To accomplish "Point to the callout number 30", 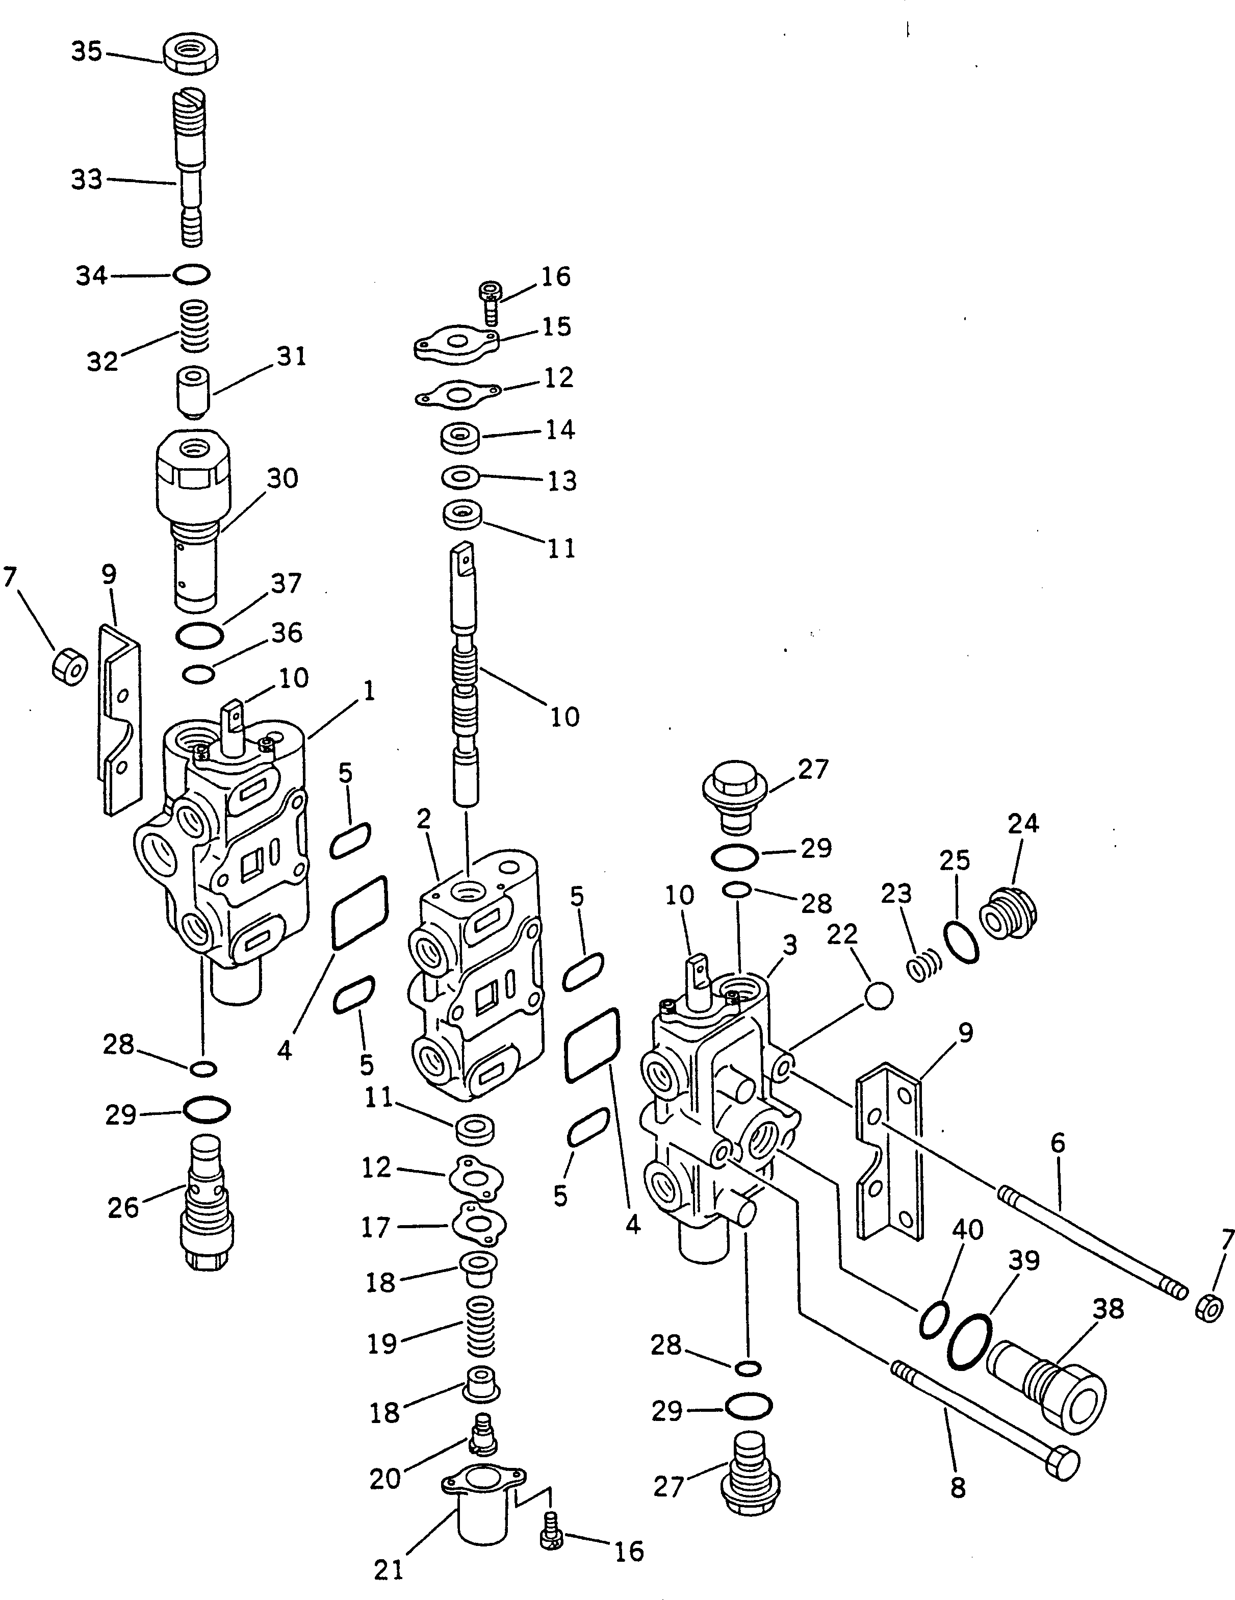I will point(282,478).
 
